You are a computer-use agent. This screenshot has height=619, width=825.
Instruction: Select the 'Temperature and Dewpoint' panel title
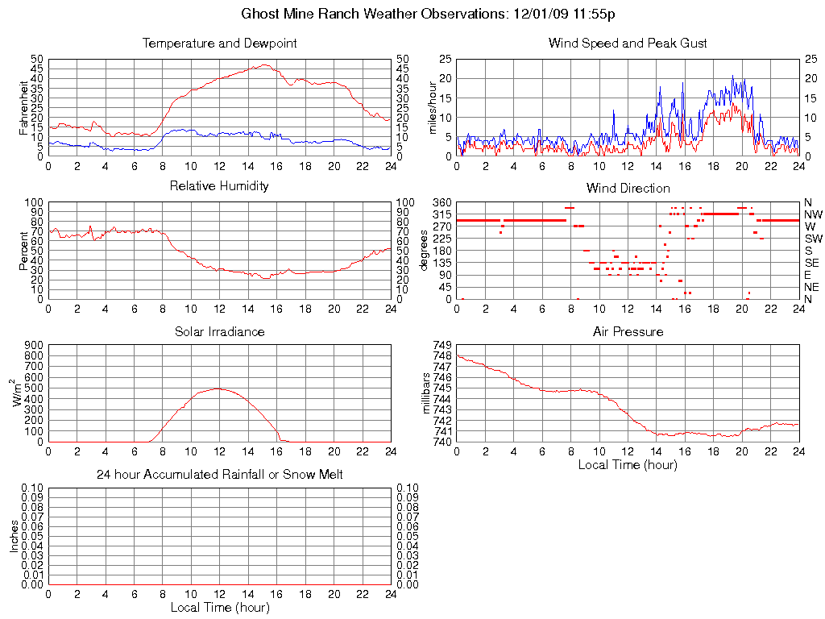click(219, 44)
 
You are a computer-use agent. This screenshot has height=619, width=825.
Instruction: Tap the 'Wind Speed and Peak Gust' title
click(628, 44)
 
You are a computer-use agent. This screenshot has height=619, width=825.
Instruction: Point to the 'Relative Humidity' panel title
click(219, 187)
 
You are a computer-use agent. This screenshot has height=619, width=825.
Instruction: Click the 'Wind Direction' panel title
click(628, 189)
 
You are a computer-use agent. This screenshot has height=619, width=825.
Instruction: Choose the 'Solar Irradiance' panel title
click(219, 332)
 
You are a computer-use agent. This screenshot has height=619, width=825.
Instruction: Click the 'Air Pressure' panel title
click(628, 332)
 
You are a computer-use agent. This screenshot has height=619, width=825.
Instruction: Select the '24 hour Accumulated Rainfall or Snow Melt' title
click(219, 476)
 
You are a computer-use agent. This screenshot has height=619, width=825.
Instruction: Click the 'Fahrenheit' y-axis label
click(23, 107)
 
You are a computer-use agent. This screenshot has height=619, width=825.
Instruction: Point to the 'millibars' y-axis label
click(427, 394)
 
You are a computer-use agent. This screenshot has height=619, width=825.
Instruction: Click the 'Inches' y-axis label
click(15, 535)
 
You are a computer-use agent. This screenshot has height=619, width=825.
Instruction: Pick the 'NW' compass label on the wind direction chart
click(813, 214)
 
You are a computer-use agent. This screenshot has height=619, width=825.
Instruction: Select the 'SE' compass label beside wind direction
click(812, 263)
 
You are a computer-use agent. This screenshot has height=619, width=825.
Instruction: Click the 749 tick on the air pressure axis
click(444, 345)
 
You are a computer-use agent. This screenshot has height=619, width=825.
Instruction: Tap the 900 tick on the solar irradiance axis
click(36, 345)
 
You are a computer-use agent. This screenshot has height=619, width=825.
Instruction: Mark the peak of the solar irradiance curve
click(218, 388)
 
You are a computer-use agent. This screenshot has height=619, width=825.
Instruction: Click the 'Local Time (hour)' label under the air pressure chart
click(628, 465)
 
